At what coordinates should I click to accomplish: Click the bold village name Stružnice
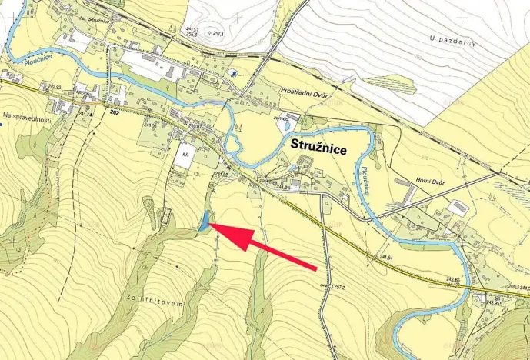pyautogui.click(x=322, y=144)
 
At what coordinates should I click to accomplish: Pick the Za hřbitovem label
pyautogui.click(x=158, y=303)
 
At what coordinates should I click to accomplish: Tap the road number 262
pyautogui.click(x=115, y=113)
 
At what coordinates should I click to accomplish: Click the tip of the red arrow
pyautogui.click(x=211, y=224)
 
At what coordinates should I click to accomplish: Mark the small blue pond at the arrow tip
pyautogui.click(x=203, y=225)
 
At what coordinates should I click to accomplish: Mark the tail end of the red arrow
pyautogui.click(x=315, y=268)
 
